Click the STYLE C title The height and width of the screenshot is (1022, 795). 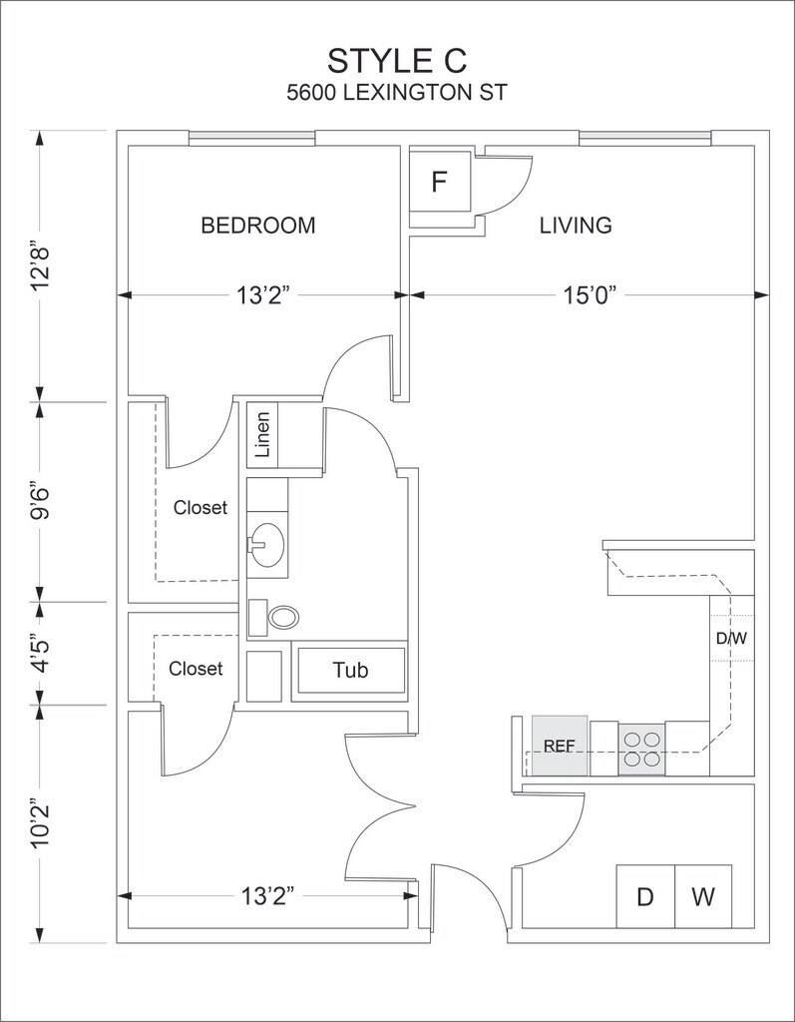pos(397,60)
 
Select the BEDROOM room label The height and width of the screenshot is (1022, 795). pos(258,226)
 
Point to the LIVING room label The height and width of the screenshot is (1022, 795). pos(576,226)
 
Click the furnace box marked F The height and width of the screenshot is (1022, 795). pos(439,182)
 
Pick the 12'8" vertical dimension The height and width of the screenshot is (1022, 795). pos(41,265)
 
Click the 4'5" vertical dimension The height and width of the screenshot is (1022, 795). pos(41,654)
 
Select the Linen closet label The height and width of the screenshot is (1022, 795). pos(262,435)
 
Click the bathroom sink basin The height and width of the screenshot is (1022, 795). pos(267,545)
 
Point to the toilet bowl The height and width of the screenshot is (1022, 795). pos(281,617)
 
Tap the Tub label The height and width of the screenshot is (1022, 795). pos(350,670)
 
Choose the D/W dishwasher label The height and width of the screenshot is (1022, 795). pos(732,638)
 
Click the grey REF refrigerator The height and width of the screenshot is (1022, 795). pos(559,746)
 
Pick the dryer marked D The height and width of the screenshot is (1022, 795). pos(645,896)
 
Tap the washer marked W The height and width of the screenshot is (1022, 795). pos(703,896)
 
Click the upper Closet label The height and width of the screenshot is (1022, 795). pos(200,508)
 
